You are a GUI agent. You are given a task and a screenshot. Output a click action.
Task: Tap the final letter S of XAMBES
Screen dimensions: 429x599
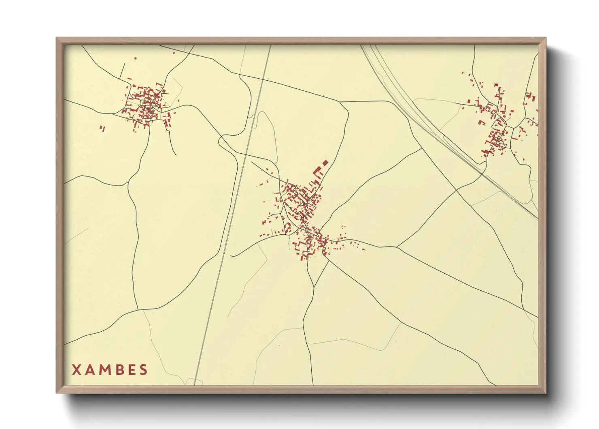(x=143, y=370)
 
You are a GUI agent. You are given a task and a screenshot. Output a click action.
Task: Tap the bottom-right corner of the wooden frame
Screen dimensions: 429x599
(x=546, y=393)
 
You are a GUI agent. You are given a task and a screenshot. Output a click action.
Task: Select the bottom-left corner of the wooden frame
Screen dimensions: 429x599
(x=57, y=393)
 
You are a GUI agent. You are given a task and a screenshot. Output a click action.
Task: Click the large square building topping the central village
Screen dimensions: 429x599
(x=325, y=163)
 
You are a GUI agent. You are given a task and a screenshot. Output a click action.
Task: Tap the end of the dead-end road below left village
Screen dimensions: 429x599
(x=176, y=155)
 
